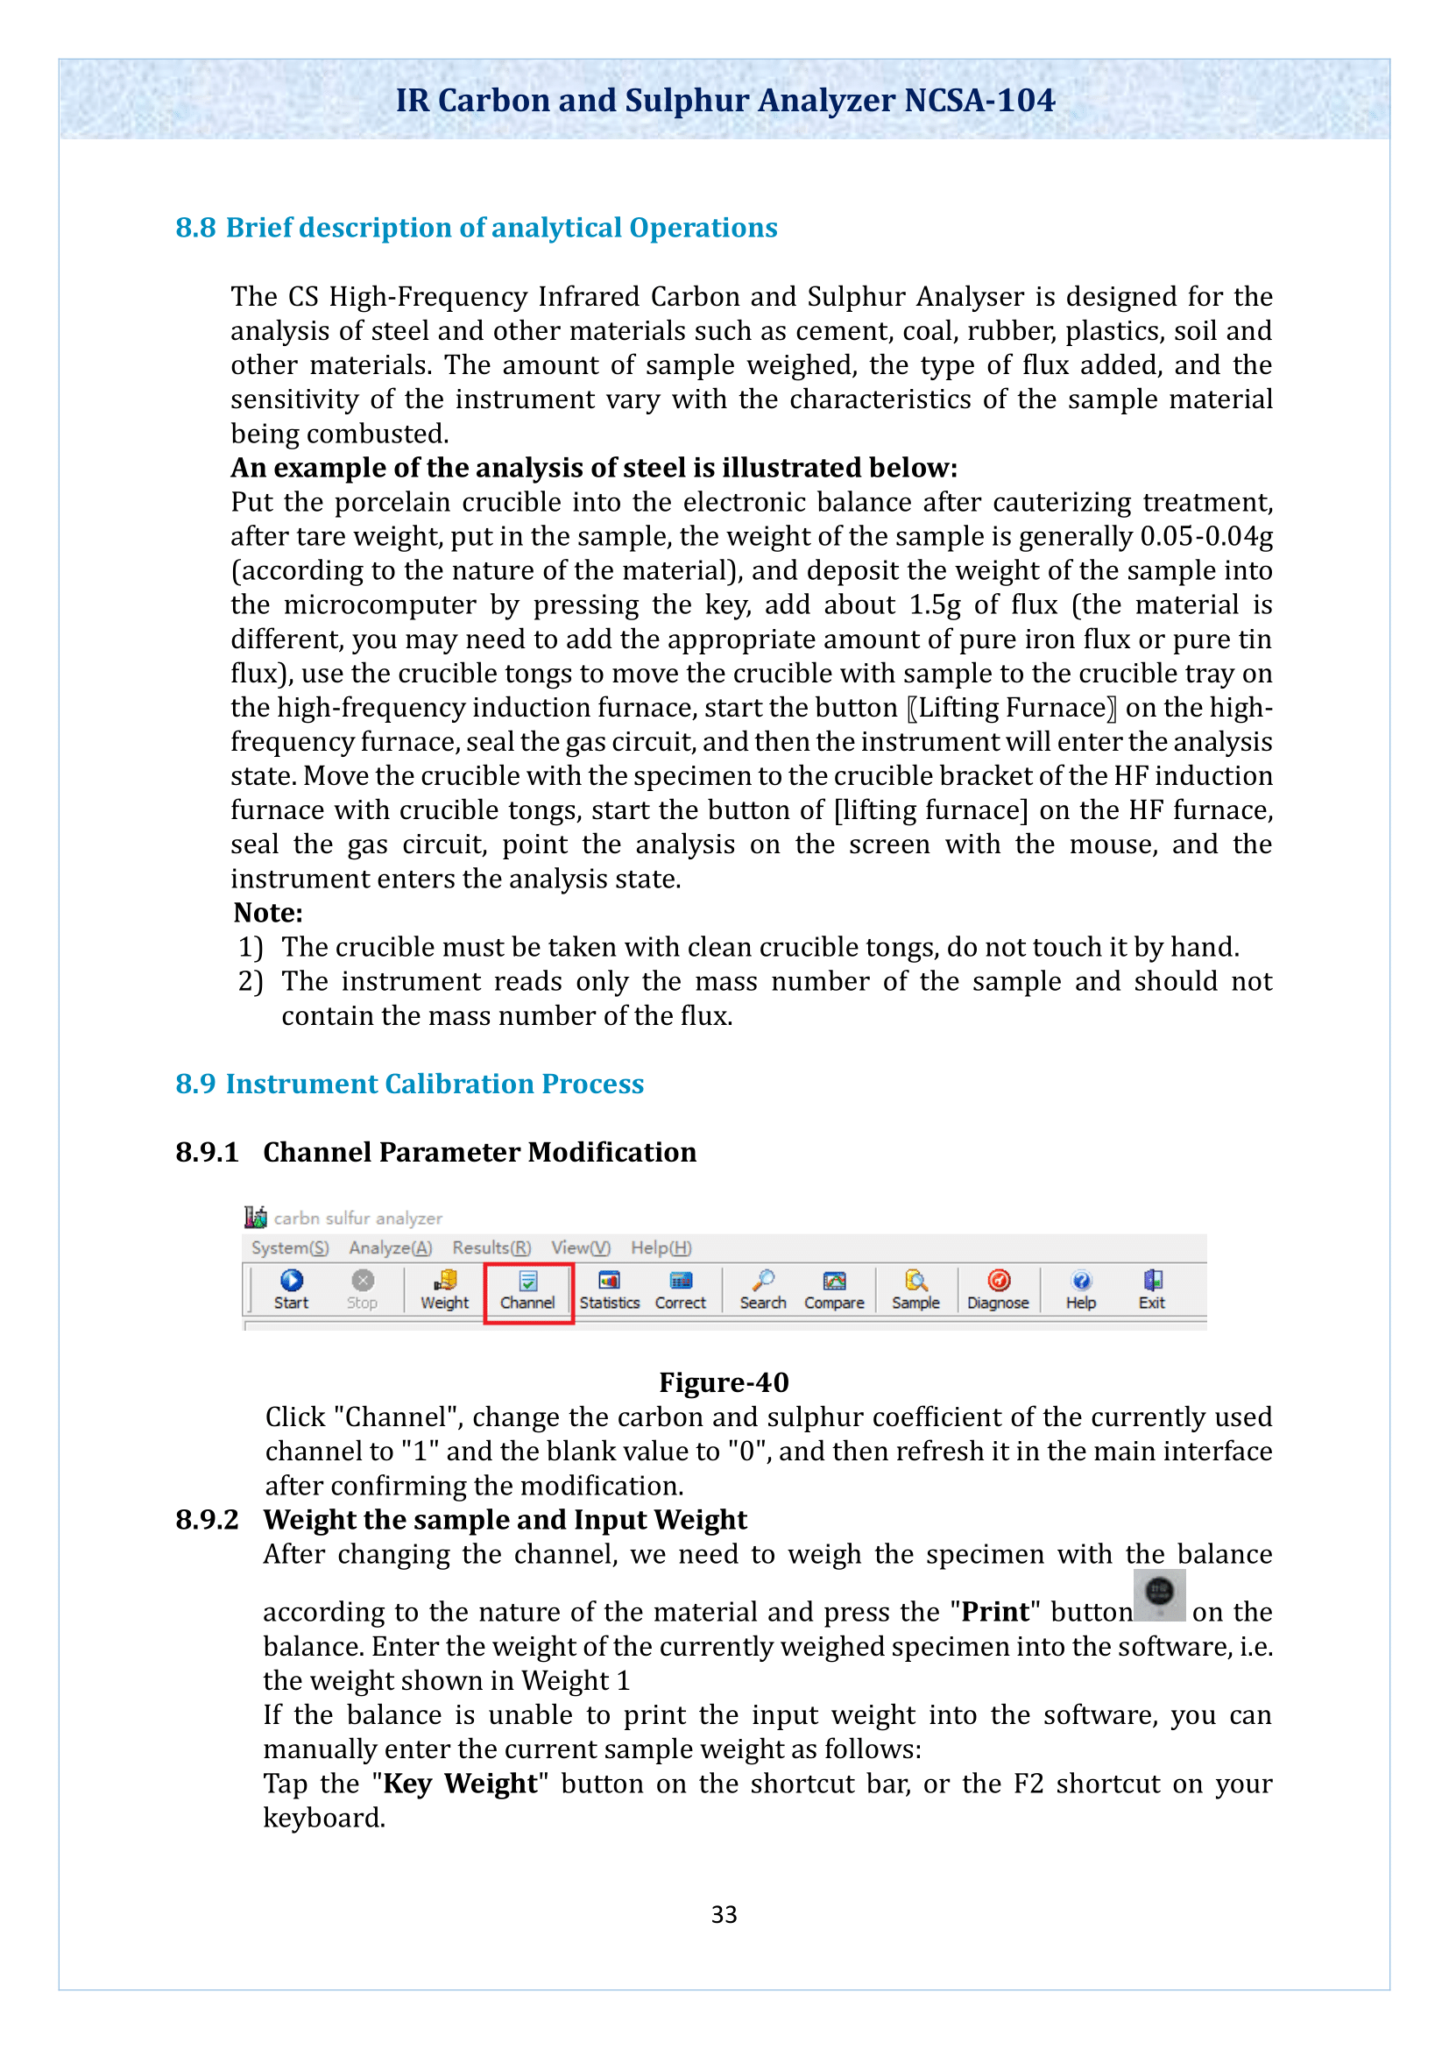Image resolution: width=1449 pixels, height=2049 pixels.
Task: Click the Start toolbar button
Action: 291,1289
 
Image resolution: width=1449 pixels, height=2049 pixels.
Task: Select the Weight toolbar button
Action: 444,1289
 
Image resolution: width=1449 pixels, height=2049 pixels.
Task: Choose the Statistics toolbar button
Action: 610,1289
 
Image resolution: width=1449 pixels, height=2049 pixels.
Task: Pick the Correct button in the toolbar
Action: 680,1289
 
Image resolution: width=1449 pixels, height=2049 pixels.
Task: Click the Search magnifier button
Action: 763,1289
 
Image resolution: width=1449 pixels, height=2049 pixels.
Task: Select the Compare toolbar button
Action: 834,1289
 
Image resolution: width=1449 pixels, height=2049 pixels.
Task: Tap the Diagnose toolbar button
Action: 999,1289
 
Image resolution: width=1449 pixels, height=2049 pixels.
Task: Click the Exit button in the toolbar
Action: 1152,1289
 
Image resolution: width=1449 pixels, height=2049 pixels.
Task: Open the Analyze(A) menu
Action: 390,1247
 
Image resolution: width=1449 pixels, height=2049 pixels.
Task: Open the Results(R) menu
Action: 491,1247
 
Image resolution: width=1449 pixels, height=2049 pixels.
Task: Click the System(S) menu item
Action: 290,1247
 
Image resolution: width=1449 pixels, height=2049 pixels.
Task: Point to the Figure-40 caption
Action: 724,1382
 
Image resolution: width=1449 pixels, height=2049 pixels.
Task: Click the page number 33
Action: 724,1914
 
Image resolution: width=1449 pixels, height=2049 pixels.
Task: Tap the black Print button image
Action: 1159,1594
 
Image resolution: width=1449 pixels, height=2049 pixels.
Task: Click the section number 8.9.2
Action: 207,1520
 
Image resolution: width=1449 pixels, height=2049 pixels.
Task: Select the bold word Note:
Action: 268,913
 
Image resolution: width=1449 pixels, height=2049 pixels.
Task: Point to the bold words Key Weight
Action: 460,1783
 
